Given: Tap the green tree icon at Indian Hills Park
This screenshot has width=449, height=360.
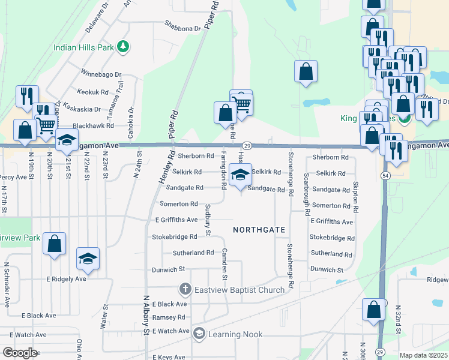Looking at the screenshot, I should pyautogui.click(x=123, y=46).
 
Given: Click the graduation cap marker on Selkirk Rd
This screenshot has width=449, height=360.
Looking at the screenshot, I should pyautogui.click(x=241, y=175).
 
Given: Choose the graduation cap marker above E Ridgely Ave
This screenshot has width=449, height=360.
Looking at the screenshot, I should pyautogui.click(x=88, y=258).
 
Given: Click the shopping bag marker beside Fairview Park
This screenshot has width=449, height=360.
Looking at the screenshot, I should pyautogui.click(x=54, y=244).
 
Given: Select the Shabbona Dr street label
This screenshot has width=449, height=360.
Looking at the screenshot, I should pyautogui.click(x=182, y=28).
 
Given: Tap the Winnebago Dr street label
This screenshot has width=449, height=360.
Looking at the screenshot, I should pyautogui.click(x=101, y=76).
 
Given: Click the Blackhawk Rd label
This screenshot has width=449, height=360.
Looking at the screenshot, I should pyautogui.click(x=93, y=126).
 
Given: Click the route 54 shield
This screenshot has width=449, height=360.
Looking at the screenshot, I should pyautogui.click(x=384, y=174).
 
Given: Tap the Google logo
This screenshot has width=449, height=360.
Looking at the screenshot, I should pyautogui.click(x=20, y=353).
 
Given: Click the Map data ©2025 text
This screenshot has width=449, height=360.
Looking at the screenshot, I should pyautogui.click(x=423, y=355).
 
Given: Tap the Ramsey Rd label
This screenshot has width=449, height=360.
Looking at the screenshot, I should pyautogui.click(x=169, y=317).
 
